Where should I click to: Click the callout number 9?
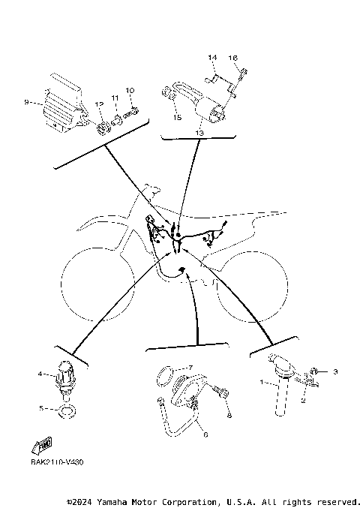[x=26, y=102]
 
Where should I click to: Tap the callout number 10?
[x=130, y=91]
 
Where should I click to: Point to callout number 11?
[x=115, y=98]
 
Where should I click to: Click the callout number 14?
[x=212, y=57]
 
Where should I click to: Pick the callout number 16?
[x=233, y=58]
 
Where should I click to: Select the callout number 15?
[x=177, y=117]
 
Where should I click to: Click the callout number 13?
[x=199, y=132]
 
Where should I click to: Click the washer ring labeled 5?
[x=67, y=410]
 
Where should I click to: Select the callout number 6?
[x=206, y=434]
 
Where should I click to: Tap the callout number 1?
[x=261, y=382]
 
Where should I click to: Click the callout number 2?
[x=303, y=400]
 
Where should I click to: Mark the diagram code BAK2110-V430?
[x=57, y=461]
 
